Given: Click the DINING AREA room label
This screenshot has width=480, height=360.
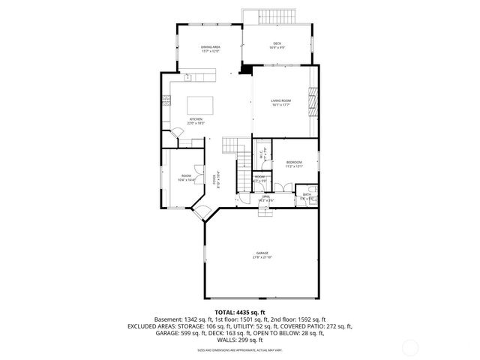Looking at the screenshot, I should (x=210, y=49).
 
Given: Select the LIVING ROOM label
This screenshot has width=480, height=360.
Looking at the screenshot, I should (x=280, y=102).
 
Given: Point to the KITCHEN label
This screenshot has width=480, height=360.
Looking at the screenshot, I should (x=196, y=121).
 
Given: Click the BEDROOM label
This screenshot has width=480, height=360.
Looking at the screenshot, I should (x=294, y=163).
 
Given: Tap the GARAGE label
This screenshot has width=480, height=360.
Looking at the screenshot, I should (x=262, y=255).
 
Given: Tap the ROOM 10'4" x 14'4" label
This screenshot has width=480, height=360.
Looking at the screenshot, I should (x=186, y=178).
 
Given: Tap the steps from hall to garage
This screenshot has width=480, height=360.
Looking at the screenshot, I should (x=266, y=211).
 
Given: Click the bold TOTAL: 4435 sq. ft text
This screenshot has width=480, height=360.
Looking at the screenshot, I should (x=240, y=312).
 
